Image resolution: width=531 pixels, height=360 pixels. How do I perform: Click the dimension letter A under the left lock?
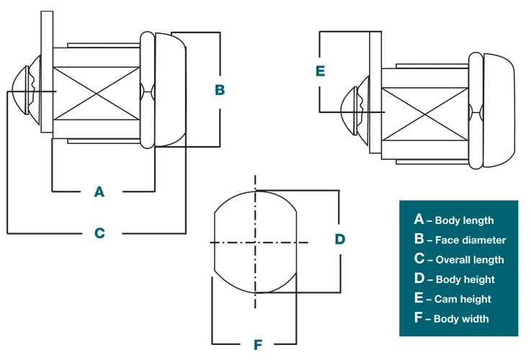(x=99, y=192)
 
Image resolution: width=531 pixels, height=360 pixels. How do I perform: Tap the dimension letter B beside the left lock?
(x=220, y=90)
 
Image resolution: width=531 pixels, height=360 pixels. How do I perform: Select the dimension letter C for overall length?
(x=99, y=233)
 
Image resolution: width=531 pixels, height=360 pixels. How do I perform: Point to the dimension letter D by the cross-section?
(x=340, y=239)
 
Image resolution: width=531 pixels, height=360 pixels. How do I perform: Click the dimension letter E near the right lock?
(x=320, y=71)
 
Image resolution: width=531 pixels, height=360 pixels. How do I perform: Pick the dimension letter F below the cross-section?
(x=257, y=345)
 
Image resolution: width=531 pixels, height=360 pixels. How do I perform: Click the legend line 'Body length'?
(x=455, y=220)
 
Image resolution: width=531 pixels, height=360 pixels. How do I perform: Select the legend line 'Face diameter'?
(x=460, y=240)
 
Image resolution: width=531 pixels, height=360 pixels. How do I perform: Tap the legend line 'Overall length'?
(x=459, y=259)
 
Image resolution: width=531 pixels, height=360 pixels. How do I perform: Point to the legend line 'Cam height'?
(x=452, y=298)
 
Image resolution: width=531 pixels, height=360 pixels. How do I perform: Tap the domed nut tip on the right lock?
(x=353, y=111)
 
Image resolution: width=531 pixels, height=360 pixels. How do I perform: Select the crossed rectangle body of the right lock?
(x=425, y=112)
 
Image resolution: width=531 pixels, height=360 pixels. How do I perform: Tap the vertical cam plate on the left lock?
(x=47, y=72)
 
